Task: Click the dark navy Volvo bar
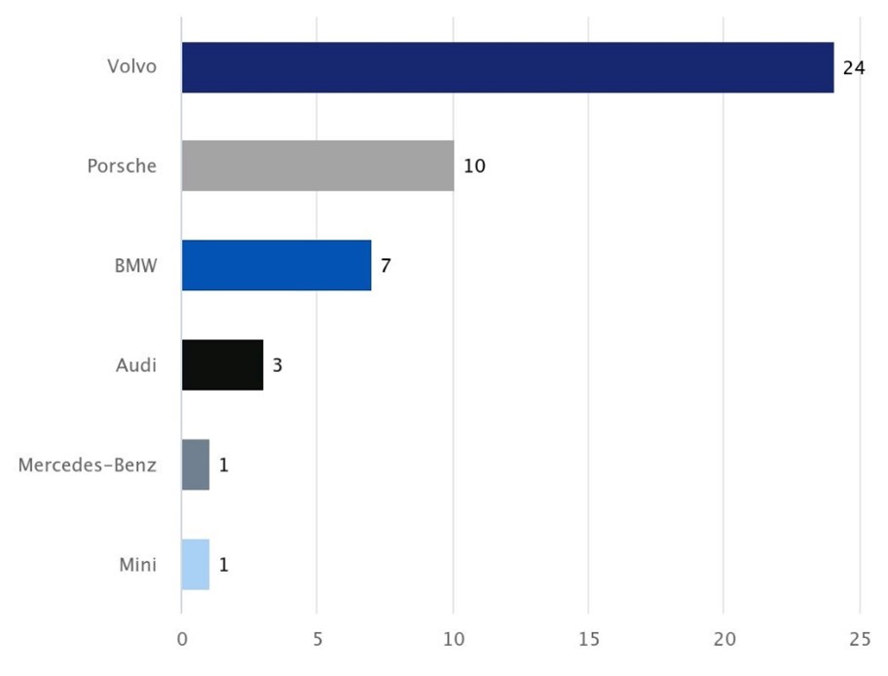click(507, 67)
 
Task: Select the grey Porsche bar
click(317, 166)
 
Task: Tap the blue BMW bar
click(277, 265)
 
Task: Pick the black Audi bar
click(222, 365)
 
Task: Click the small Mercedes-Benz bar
click(196, 465)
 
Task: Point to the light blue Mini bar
click(196, 564)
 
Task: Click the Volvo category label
click(131, 67)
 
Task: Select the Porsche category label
click(122, 166)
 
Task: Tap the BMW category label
click(135, 265)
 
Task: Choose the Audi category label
click(136, 365)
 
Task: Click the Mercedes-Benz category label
click(88, 465)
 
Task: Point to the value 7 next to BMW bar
click(386, 265)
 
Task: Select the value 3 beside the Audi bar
click(277, 365)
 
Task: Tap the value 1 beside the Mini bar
click(224, 564)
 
